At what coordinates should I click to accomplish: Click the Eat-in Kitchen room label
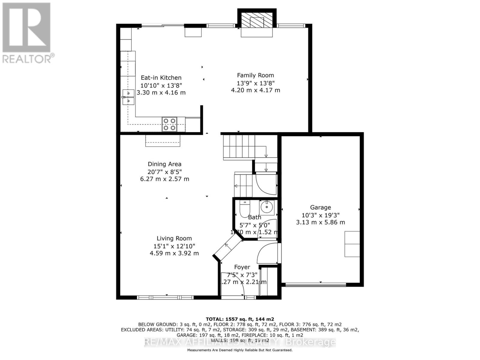(x=161, y=78)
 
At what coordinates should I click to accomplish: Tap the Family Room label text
(x=255, y=75)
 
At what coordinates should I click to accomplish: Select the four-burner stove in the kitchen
(x=169, y=124)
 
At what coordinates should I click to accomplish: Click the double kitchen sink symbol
(x=128, y=97)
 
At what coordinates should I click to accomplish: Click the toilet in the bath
(x=244, y=208)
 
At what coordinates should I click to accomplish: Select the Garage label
(x=320, y=207)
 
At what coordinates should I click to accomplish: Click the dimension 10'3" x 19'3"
(x=320, y=215)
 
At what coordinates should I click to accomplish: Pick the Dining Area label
(x=164, y=164)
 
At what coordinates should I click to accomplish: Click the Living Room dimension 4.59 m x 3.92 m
(x=174, y=253)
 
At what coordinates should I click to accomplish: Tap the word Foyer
(x=242, y=267)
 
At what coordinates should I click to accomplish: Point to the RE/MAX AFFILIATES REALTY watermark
(x=240, y=342)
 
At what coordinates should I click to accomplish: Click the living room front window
(x=165, y=297)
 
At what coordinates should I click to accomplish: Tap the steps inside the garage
(x=352, y=244)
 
